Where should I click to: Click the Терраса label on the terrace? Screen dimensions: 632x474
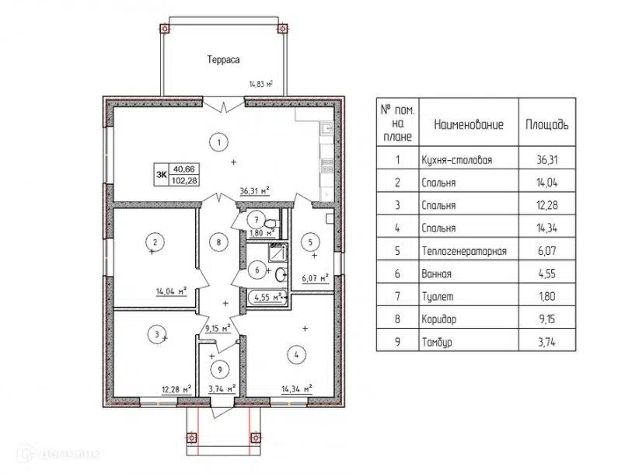[x=223, y=60]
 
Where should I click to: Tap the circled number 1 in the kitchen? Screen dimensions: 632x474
[x=219, y=142]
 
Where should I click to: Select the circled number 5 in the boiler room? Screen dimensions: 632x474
[x=310, y=242]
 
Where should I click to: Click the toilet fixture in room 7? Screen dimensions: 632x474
[x=271, y=223]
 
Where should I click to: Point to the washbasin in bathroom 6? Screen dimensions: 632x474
[x=281, y=275]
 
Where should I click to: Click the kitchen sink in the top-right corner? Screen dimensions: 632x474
[x=326, y=128]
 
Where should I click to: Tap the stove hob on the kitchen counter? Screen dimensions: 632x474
[x=326, y=166]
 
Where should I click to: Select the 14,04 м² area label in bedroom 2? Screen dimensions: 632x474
[x=171, y=291]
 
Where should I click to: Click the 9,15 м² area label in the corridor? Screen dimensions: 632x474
[x=218, y=329]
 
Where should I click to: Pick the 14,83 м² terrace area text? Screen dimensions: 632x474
[x=260, y=84]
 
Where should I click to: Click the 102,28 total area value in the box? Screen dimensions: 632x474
[x=184, y=180]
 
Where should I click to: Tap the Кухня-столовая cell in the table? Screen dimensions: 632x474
[x=456, y=160]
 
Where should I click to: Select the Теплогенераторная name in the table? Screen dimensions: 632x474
[x=464, y=252]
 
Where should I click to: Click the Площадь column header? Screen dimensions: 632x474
[x=547, y=124]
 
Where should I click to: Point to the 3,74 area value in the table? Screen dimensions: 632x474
[x=547, y=342]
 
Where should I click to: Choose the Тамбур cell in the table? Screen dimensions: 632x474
[x=437, y=342]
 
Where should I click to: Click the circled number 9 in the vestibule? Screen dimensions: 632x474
[x=220, y=370]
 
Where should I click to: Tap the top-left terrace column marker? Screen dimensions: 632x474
[x=165, y=29]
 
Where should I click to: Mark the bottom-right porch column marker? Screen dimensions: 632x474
[x=256, y=437]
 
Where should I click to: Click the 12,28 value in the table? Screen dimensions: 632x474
[x=547, y=205]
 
